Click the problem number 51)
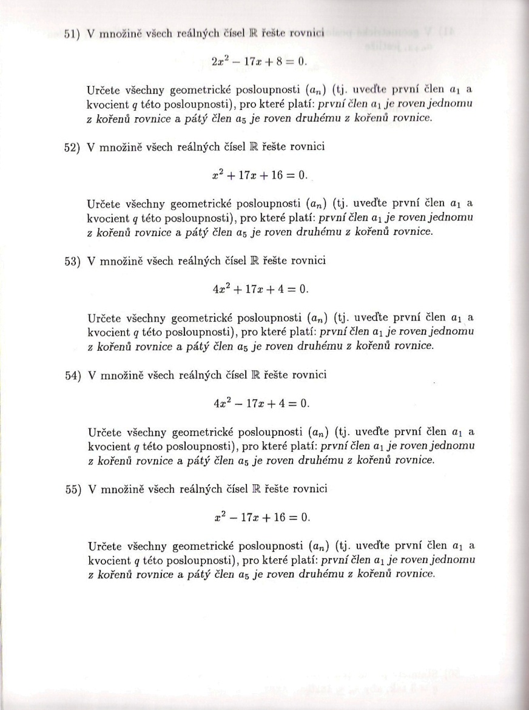(x=73, y=35)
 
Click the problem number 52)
(x=73, y=149)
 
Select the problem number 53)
(x=73, y=262)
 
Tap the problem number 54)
(x=73, y=376)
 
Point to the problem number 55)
(x=73, y=490)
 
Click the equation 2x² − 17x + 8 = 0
(x=260, y=61)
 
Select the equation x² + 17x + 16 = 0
(x=260, y=175)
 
